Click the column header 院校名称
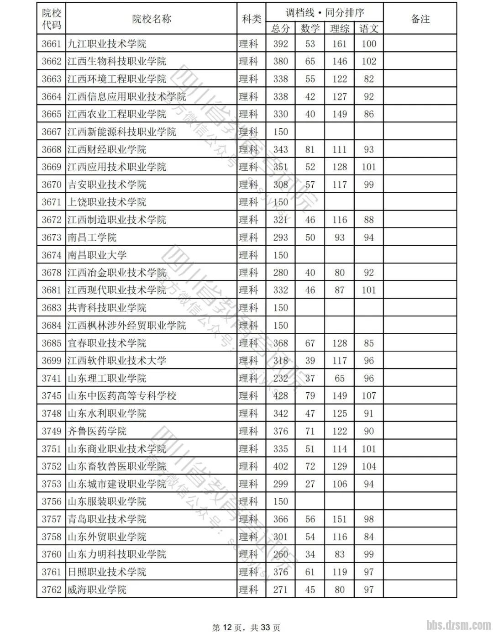click(151, 19)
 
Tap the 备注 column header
click(420, 19)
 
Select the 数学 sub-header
click(310, 28)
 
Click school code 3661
click(51, 44)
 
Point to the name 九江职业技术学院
click(107, 44)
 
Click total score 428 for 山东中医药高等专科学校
click(280, 395)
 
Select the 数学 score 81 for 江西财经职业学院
click(310, 149)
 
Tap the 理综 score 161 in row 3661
click(339, 44)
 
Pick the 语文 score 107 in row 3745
click(368, 395)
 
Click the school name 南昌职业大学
click(97, 255)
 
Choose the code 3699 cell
click(51, 360)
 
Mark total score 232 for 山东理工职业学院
click(280, 378)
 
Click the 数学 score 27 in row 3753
click(310, 484)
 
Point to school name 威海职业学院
click(97, 590)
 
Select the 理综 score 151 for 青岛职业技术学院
click(339, 519)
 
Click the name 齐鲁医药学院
click(97, 431)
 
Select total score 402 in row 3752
click(280, 466)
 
